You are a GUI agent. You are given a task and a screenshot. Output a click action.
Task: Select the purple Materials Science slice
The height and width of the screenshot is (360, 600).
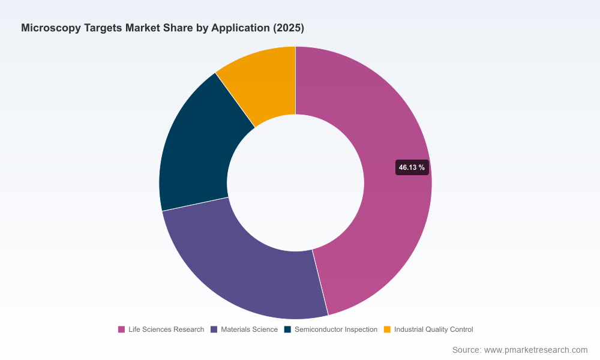245,272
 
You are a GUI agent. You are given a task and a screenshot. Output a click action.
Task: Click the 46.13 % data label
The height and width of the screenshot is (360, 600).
412,167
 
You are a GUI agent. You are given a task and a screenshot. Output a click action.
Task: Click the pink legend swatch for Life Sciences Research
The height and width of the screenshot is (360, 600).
121,329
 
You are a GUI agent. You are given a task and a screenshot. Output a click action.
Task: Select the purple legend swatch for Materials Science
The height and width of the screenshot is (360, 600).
214,329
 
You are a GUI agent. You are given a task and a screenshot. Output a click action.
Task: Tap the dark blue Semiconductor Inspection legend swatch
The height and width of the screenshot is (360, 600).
288,329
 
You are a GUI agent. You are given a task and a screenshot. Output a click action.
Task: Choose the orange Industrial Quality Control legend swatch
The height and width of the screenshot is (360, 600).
387,329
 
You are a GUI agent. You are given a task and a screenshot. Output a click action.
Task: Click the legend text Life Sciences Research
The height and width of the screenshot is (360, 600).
166,329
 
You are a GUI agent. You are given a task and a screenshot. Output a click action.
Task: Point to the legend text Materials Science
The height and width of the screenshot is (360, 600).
249,329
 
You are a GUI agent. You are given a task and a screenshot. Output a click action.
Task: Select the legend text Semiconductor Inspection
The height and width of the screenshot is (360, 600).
336,329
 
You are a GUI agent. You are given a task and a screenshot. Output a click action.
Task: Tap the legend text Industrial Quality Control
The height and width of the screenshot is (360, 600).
434,329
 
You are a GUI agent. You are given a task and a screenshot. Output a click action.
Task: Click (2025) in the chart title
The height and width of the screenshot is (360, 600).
289,28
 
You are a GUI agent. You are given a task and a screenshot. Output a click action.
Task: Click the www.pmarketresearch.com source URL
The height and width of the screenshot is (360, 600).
536,350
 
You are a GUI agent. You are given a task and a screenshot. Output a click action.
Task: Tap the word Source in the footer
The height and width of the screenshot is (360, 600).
467,350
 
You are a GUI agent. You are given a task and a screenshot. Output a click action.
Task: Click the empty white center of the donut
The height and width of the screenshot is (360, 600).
295,183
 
